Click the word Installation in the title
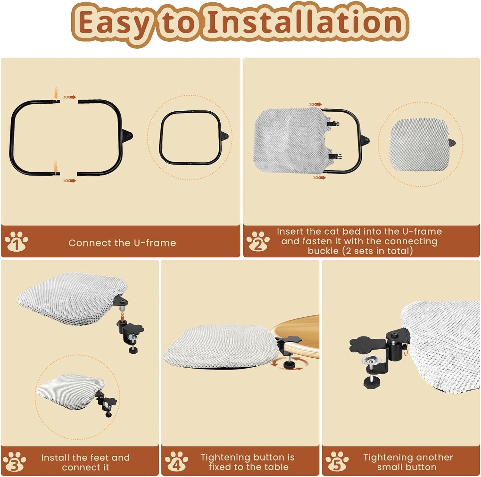coord(305,23)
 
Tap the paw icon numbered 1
coord(16,241)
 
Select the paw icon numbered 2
coord(258,241)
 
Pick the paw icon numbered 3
coord(14,461)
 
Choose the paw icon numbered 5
coord(337,461)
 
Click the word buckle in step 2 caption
coord(323,251)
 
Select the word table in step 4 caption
coord(276,467)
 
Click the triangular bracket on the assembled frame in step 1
coord(224,136)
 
